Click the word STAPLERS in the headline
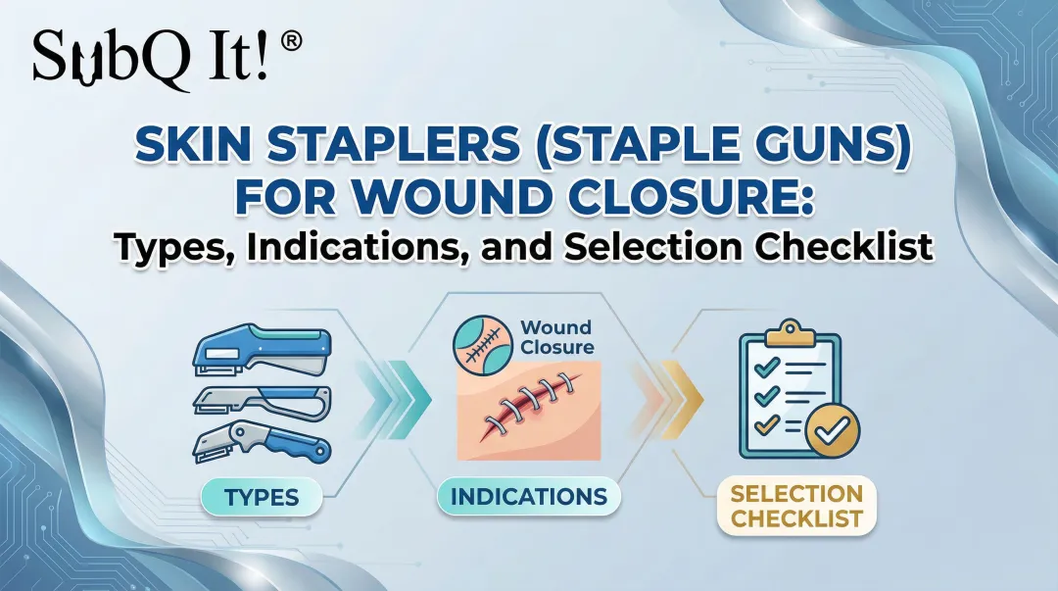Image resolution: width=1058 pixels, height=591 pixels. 332,150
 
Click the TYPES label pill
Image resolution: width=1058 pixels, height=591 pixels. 261,497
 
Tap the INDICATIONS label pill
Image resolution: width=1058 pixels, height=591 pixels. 529,497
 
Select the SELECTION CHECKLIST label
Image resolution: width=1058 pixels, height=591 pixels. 796,505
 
